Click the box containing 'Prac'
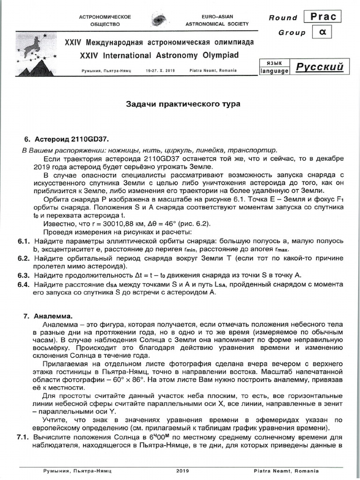pyautogui.click(x=323, y=16)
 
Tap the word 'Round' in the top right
pyautogui.click(x=283, y=18)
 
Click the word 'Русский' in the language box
pyautogui.click(x=319, y=67)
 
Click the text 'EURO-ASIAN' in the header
pyautogui.click(x=217, y=16)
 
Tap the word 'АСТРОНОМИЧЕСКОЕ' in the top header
pyautogui.click(x=105, y=16)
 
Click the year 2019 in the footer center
pyautogui.click(x=183, y=471)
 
